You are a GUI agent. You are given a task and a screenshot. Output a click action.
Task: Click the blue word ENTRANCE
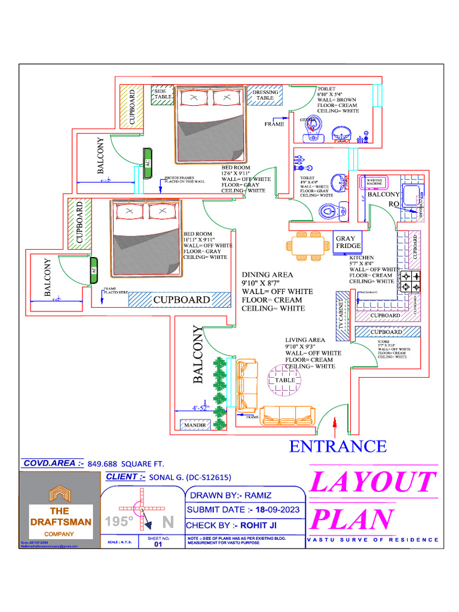pyautogui.click(x=338, y=446)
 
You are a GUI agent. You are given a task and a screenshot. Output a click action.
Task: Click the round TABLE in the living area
pyautogui.click(x=285, y=380)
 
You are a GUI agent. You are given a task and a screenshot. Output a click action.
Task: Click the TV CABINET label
pyautogui.click(x=342, y=315)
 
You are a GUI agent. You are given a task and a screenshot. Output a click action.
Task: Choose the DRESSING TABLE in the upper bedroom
pyautogui.click(x=265, y=96)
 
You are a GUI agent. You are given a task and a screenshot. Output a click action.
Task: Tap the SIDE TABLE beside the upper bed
pyautogui.click(x=162, y=94)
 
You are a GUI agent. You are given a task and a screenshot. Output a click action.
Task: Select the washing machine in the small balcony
pyautogui.click(x=374, y=182)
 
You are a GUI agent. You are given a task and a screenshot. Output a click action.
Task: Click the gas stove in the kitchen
pyautogui.click(x=409, y=282)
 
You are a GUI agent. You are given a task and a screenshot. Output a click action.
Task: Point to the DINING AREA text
pyautogui.click(x=267, y=274)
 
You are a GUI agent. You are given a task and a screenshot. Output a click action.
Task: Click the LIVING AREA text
pyautogui.click(x=305, y=340)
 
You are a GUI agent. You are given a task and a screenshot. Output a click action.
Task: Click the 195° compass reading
pyautogui.click(x=119, y=522)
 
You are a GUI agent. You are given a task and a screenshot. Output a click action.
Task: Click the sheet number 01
pyautogui.click(x=158, y=544)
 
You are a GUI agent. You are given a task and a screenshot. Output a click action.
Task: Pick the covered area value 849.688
pyautogui.click(x=104, y=463)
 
